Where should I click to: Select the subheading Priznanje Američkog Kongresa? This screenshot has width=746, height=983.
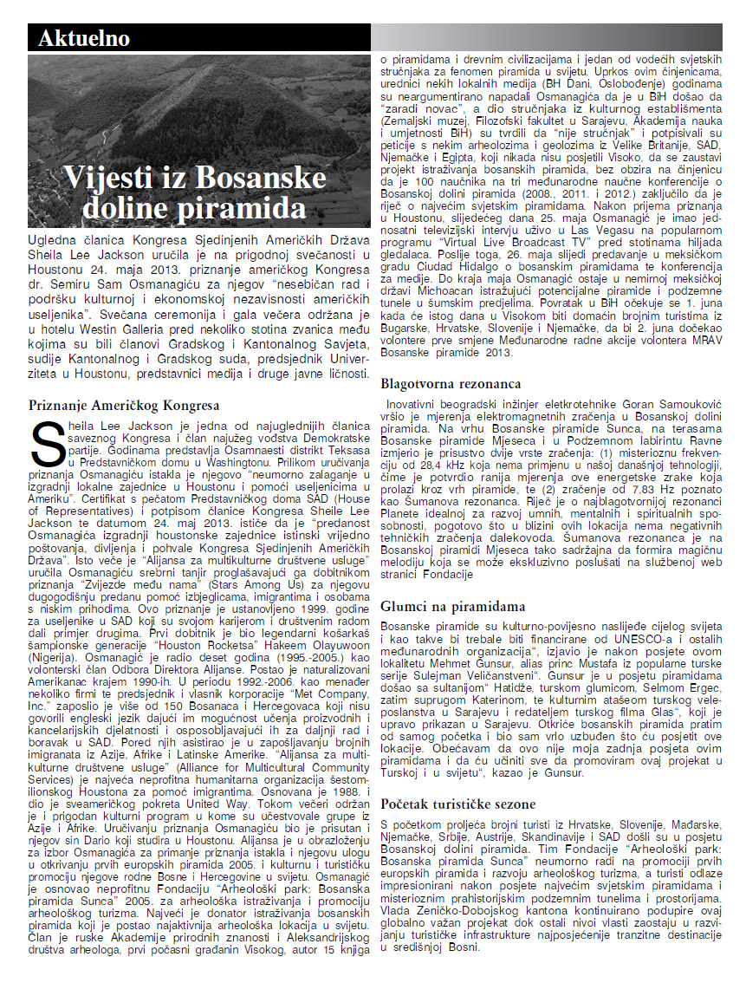point(124,405)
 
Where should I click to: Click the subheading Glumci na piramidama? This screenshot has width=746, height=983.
point(453,607)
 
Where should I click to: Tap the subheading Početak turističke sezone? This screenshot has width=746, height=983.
point(458,804)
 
